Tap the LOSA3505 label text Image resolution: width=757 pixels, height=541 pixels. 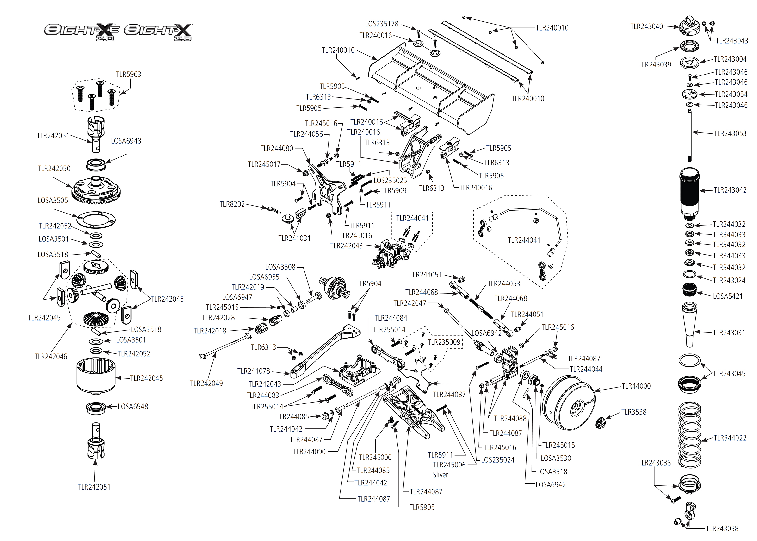click(53, 201)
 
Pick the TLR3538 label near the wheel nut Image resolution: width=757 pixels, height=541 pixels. click(633, 412)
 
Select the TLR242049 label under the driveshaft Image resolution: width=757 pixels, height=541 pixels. click(206, 384)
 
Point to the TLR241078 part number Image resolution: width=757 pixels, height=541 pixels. click(253, 371)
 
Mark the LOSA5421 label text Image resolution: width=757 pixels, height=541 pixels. click(727, 296)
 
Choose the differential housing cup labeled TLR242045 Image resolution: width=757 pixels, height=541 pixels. click(96, 377)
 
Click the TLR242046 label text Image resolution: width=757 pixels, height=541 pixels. click(51, 356)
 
